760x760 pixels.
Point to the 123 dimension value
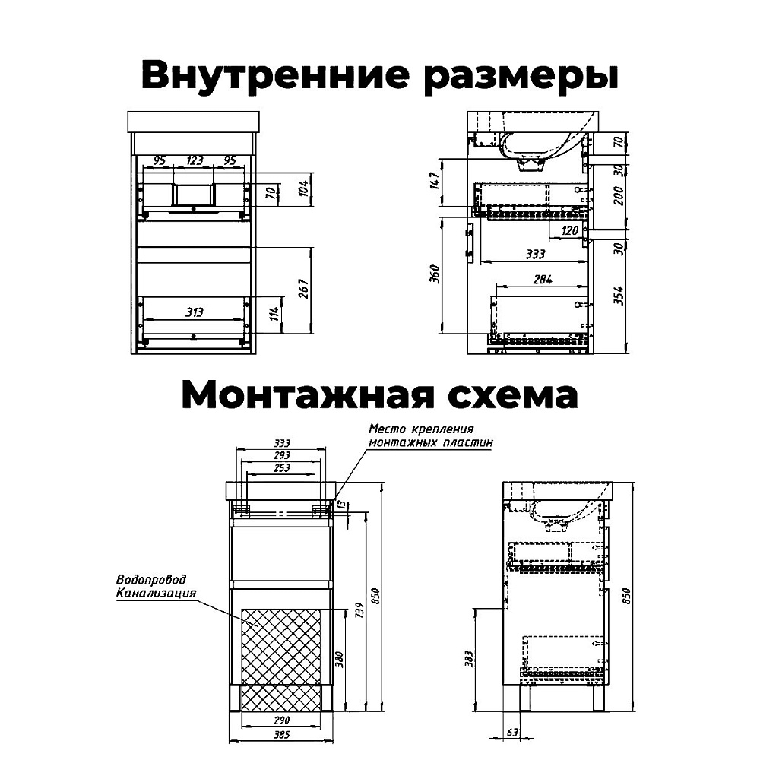pyautogui.click(x=195, y=161)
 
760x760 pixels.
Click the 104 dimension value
pyautogui.click(x=302, y=188)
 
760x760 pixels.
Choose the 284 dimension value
pyautogui.click(x=542, y=280)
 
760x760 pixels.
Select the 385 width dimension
pyautogui.click(x=282, y=736)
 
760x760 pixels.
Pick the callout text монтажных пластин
pyautogui.click(x=431, y=442)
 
